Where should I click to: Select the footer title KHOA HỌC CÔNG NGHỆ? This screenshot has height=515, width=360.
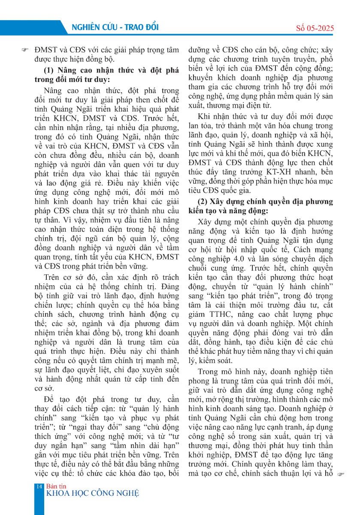click(92, 493)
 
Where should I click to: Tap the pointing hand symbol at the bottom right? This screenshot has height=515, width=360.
click(342, 475)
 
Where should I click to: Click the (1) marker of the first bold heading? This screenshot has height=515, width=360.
click(50, 70)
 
